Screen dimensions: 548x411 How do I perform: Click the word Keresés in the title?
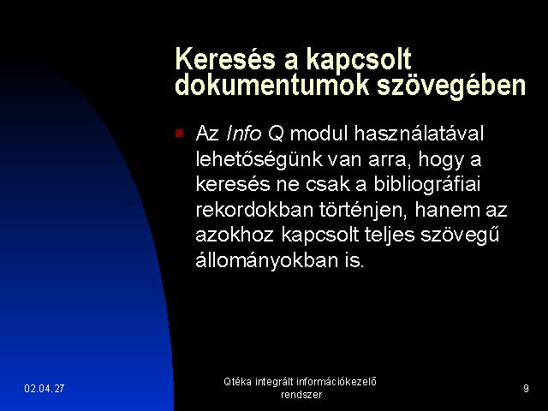225,58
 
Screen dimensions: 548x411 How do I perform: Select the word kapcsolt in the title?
359,60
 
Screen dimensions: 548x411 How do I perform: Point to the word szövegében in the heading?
451,86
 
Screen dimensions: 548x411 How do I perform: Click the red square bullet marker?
179,134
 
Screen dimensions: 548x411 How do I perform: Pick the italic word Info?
244,134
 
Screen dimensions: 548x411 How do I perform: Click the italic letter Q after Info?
276,134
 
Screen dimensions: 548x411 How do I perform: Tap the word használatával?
419,134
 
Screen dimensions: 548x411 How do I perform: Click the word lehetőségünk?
259,160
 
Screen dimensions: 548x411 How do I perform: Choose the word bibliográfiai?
427,185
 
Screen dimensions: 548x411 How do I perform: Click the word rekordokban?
254,210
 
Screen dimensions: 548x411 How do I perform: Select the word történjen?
363,211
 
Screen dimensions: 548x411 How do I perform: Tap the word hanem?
447,210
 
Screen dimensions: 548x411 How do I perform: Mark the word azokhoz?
234,235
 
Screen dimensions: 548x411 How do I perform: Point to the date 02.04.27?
45,388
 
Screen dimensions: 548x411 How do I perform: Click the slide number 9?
526,388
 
